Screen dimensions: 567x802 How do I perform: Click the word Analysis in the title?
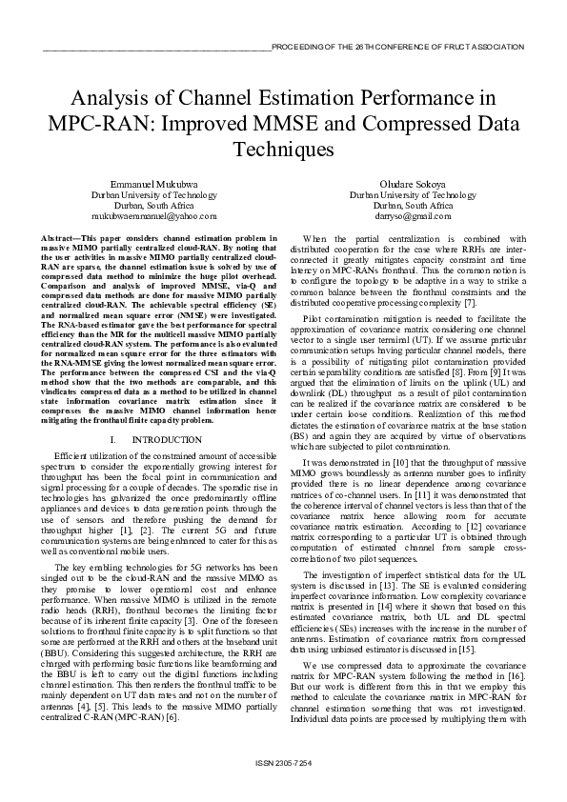pos(111,98)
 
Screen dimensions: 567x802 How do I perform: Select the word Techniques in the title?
pos(283,150)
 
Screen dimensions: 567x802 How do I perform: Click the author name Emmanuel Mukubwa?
pos(153,182)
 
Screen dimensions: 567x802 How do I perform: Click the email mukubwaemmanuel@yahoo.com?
pos(154,216)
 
